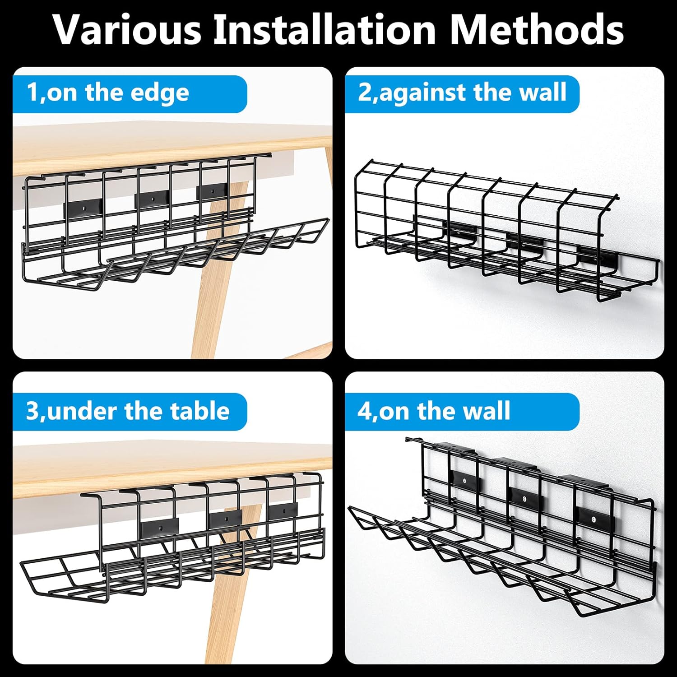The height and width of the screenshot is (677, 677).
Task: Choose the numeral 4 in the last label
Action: pyautogui.click(x=364, y=411)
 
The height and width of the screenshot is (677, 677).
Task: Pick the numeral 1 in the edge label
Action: pyautogui.click(x=32, y=93)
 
